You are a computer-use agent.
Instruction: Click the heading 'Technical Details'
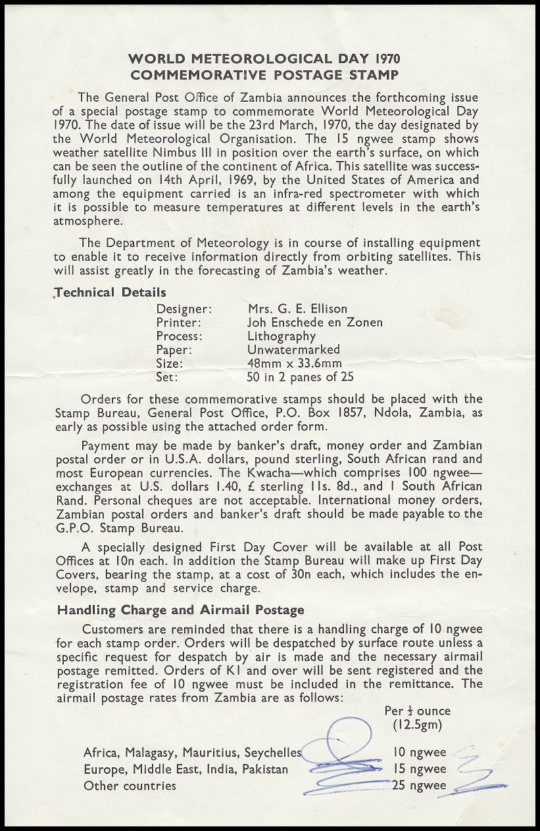pos(111,292)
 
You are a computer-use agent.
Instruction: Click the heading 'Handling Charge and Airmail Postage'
pos(180,610)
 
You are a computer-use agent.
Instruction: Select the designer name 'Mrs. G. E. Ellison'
pos(297,309)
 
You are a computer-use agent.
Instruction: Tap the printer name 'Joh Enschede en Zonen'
pos(314,322)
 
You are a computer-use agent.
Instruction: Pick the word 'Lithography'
pos(281,336)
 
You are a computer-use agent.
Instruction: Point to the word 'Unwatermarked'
pos(293,349)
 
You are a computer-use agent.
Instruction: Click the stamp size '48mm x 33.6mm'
pos(294,364)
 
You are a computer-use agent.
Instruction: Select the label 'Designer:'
pos(184,309)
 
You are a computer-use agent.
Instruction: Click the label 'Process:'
pos(179,336)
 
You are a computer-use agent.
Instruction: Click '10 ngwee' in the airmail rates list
pos(419,753)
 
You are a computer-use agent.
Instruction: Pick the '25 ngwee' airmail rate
pos(419,785)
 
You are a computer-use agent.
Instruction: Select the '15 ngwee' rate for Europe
pos(419,769)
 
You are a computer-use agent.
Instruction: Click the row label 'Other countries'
pos(130,786)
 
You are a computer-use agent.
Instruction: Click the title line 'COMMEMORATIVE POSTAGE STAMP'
pos(270,75)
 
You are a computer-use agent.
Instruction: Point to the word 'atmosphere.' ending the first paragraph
pos(85,221)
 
